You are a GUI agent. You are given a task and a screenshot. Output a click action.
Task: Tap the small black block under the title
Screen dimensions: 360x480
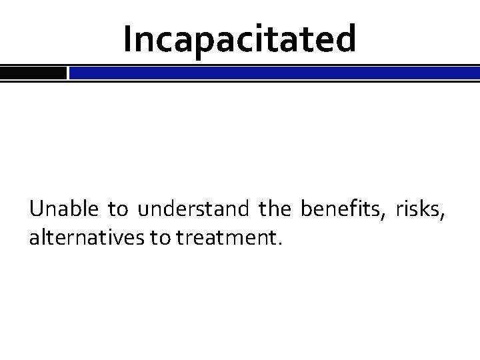click(x=33, y=73)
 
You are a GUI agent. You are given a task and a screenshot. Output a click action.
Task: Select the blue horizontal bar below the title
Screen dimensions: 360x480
click(x=274, y=73)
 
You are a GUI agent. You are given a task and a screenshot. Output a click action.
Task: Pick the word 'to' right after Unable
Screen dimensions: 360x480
click(x=119, y=211)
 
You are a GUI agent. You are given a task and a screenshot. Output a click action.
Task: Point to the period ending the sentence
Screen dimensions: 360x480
click(x=281, y=244)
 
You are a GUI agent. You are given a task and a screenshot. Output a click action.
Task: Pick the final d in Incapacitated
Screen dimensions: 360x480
click(x=345, y=39)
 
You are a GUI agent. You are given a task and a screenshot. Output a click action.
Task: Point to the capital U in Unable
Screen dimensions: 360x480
click(x=36, y=211)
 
